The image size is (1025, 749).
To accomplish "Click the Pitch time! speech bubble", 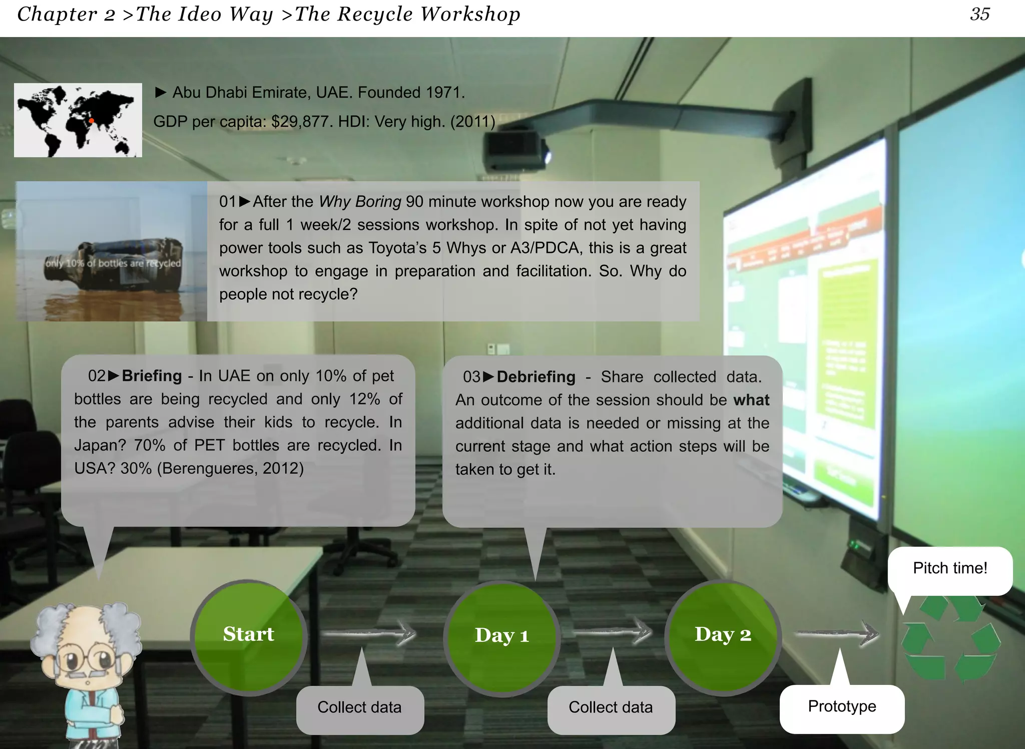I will (x=949, y=569).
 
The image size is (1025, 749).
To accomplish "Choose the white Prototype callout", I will (x=842, y=707).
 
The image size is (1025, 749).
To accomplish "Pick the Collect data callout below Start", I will (x=359, y=708).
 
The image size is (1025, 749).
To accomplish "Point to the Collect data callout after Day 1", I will (x=611, y=708).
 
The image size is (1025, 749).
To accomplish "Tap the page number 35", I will (x=979, y=14).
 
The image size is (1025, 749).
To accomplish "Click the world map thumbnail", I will (x=78, y=120).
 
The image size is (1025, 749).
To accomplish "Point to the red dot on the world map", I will (x=92, y=121).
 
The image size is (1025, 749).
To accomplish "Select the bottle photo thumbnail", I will (x=111, y=251).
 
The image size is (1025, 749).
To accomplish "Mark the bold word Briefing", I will (x=152, y=376).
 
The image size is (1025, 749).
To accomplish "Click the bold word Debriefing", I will (x=536, y=377).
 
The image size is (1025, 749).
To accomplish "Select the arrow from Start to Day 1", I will (x=369, y=634).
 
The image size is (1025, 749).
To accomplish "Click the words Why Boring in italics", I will (x=360, y=202).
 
